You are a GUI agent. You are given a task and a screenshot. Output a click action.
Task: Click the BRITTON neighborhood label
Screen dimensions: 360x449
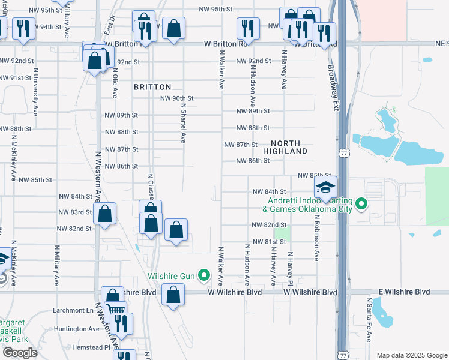click(x=152, y=87)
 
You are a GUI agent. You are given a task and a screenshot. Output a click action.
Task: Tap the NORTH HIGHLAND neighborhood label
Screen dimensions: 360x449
click(x=289, y=147)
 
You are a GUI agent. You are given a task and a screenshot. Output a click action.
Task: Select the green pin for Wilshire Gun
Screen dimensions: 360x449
click(x=205, y=277)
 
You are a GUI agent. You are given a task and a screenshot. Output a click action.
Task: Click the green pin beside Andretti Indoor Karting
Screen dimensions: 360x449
click(x=361, y=205)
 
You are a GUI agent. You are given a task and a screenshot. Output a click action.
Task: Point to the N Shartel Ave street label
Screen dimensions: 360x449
click(x=183, y=122)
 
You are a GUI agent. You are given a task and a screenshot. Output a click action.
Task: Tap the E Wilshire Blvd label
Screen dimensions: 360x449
click(x=404, y=292)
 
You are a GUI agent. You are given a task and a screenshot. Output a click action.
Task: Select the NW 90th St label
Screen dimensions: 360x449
click(x=177, y=98)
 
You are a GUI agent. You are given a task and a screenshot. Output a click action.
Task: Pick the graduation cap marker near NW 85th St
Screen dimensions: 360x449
click(x=325, y=188)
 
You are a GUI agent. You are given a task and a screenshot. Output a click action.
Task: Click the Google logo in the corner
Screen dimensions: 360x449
click(x=20, y=353)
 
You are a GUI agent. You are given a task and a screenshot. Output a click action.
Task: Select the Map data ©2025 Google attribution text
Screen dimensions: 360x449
click(x=411, y=355)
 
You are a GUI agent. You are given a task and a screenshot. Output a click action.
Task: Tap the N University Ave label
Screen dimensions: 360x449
click(x=35, y=91)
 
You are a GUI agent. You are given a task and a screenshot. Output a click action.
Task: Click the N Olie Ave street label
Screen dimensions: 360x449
click(x=114, y=83)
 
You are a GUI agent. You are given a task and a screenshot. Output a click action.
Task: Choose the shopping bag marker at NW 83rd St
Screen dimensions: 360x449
click(x=105, y=214)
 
